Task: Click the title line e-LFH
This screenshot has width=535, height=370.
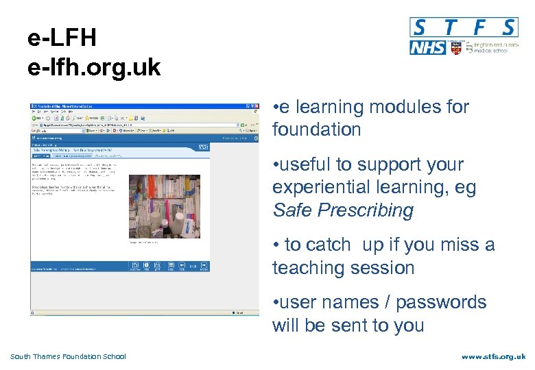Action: [62, 38]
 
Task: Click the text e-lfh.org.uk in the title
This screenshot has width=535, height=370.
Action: [94, 68]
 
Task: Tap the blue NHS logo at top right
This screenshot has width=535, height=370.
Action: [427, 47]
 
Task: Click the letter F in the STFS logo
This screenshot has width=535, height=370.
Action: [481, 27]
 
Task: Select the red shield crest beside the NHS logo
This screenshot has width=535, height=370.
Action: [456, 49]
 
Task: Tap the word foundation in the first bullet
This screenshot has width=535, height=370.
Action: [316, 129]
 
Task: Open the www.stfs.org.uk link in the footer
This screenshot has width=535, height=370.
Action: [493, 356]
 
